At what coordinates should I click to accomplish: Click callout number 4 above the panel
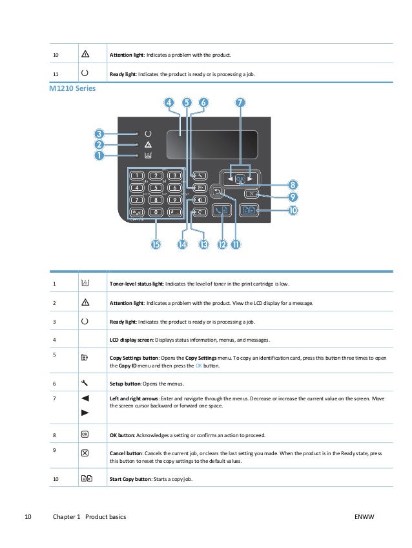click(169, 103)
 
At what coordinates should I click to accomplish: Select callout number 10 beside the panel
click(293, 210)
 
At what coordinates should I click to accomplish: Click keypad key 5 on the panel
click(156, 188)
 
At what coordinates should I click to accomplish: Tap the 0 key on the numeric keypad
click(156, 211)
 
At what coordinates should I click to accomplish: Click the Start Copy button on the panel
click(249, 210)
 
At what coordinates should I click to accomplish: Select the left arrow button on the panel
click(228, 178)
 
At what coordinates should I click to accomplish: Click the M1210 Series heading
click(72, 88)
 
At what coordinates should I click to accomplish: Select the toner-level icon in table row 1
click(85, 283)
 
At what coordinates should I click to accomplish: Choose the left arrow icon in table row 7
click(85, 398)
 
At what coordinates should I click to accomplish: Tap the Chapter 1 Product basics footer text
click(89, 517)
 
